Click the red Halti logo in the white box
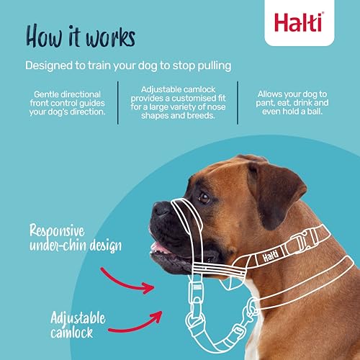(x=299, y=22)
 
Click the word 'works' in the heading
(x=111, y=37)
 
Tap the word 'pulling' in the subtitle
(x=215, y=66)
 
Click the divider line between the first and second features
(x=118, y=103)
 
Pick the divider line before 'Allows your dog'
(x=238, y=103)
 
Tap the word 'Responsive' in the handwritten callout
(x=57, y=231)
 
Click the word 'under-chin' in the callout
(x=58, y=246)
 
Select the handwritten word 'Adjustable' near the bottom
(x=78, y=318)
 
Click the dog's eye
(x=204, y=198)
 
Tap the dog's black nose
(x=161, y=210)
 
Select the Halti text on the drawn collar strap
(x=271, y=256)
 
